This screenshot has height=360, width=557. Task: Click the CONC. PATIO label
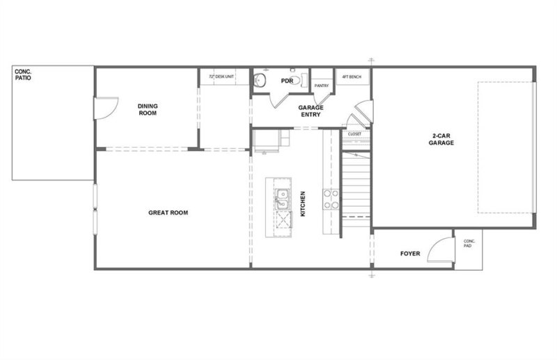[x=24, y=75]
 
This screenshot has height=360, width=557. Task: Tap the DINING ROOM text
[x=148, y=109]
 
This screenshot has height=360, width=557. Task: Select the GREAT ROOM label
[x=168, y=212]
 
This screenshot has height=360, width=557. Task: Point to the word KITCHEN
[x=303, y=205]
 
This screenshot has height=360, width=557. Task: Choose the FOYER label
[x=409, y=253]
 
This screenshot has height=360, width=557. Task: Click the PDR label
[x=285, y=81]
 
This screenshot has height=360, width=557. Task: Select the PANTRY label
[x=321, y=86]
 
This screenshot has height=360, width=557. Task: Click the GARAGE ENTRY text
[x=310, y=111]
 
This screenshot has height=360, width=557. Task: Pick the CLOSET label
[x=354, y=134]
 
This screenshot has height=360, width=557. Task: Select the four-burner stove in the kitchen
[x=330, y=200]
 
